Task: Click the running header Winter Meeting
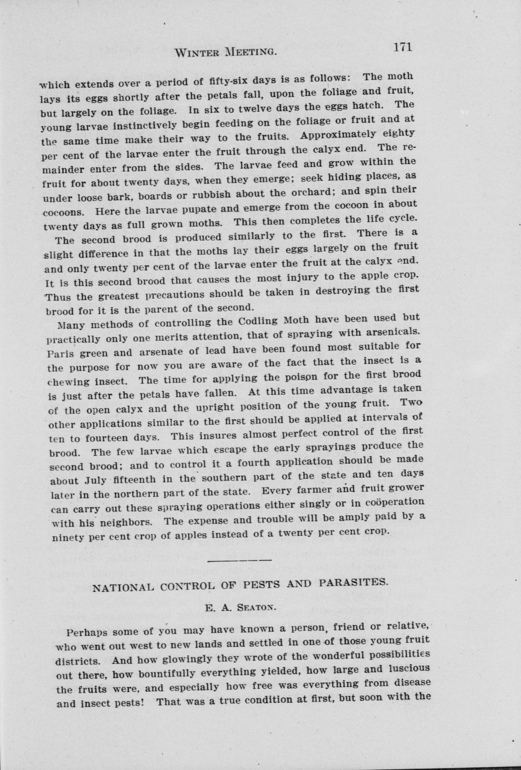coord(225,52)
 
